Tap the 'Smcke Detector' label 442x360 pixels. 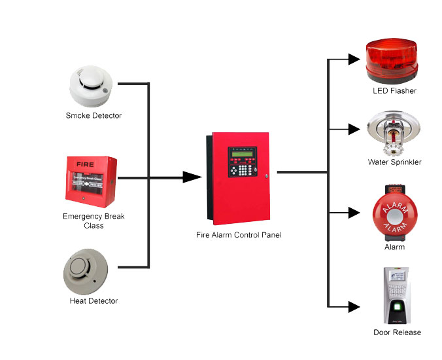pyautogui.click(x=93, y=116)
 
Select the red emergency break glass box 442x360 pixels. pyautogui.click(x=91, y=181)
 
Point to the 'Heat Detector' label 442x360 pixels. pyautogui.click(x=93, y=301)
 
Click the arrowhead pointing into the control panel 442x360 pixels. pyautogui.click(x=192, y=177)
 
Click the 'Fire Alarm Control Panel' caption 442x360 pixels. pyautogui.click(x=239, y=234)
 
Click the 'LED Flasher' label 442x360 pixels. pyautogui.click(x=394, y=91)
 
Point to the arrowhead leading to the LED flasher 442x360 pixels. pyautogui.click(x=354, y=59)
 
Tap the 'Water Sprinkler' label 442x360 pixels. pyautogui.click(x=394, y=162)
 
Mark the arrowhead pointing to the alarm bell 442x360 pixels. pyautogui.click(x=354, y=213)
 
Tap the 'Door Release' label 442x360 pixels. pyautogui.click(x=397, y=333)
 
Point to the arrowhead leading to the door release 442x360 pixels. pyautogui.click(x=354, y=306)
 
